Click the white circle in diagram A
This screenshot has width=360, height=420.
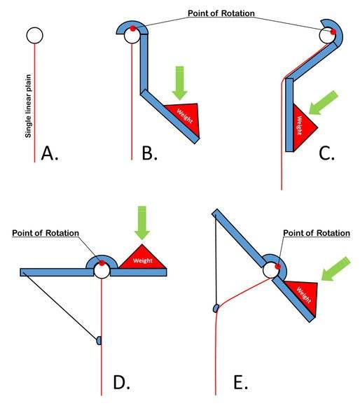coord(34,35)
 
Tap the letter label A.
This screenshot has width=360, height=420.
coord(50,153)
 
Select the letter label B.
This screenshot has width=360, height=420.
coord(149,153)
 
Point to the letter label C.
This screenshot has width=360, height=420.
coord(326,153)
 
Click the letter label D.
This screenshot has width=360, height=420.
coord(121,382)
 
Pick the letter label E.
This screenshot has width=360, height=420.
coord(240,382)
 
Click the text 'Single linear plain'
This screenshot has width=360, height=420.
coord(28,106)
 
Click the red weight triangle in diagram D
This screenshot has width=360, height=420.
coord(142,258)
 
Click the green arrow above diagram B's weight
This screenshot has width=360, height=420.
coord(179,83)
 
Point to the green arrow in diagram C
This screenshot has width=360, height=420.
coord(324,103)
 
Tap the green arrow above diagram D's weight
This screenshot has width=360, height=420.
coord(141,223)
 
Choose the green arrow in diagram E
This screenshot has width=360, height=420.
coord(335,269)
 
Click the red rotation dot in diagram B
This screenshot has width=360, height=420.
coord(132,29)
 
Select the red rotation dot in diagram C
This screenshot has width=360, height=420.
coord(333,32)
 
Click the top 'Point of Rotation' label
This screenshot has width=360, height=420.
coord(221,13)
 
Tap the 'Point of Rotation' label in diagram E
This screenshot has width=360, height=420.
coord(317,233)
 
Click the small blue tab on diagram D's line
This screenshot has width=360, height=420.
coord(99,340)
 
